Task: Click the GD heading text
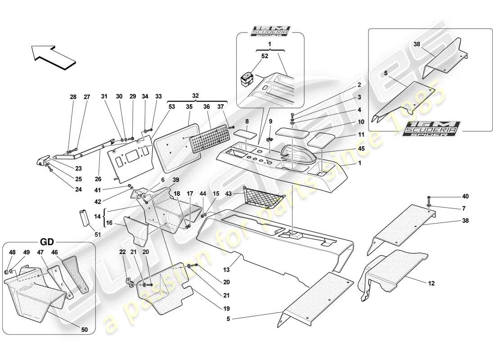[x=49, y=239]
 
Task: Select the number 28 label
[x=73, y=97]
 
